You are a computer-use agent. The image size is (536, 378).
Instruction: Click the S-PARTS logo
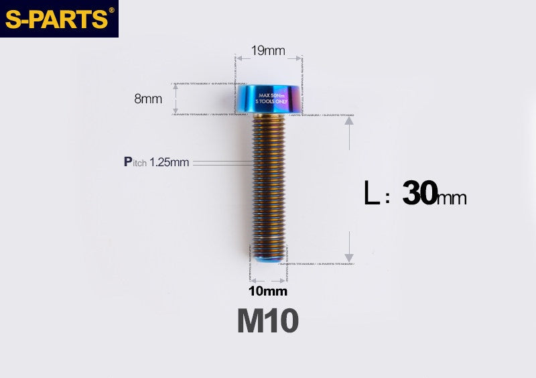coord(58,19)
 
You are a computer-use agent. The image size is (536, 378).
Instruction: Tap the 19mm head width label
coord(268,51)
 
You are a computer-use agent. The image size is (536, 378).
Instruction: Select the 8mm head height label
coord(148,99)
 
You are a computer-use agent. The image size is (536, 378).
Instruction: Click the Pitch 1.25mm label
coord(156,162)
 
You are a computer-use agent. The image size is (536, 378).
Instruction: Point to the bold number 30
coord(419,194)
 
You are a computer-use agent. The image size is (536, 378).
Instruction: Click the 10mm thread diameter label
coord(267,291)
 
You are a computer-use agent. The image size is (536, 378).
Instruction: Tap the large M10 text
coord(267,322)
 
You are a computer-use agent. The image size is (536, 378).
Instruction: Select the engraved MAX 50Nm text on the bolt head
coord(272,95)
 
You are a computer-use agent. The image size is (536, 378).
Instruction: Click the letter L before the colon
coord(371,194)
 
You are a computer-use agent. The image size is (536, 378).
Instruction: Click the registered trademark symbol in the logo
coord(111,10)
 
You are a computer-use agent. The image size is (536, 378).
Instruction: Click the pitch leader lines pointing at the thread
coord(221,162)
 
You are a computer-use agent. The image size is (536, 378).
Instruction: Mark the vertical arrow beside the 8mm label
coord(176,99)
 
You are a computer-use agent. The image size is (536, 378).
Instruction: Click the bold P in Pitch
coord(128,162)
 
